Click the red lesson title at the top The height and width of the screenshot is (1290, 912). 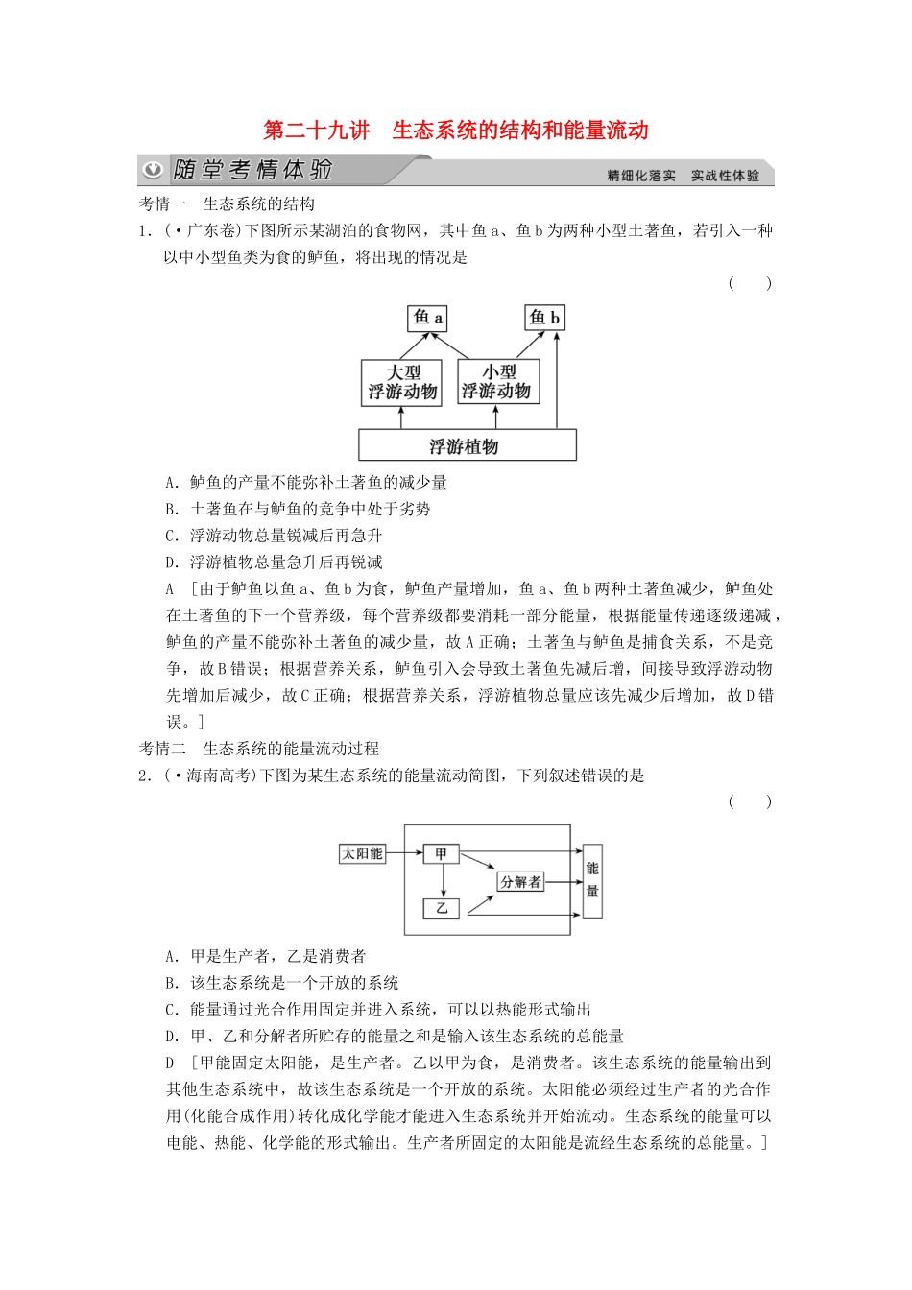[x=456, y=131]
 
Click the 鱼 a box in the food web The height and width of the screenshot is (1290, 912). [x=428, y=318]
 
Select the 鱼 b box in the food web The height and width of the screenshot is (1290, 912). [x=544, y=318]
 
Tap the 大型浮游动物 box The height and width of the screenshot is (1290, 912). [x=402, y=382]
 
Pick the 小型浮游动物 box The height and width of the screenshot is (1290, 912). [x=496, y=382]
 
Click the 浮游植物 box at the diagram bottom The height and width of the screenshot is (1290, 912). [x=467, y=446]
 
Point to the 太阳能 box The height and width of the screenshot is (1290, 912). [x=363, y=853]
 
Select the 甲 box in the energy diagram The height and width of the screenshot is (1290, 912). [x=442, y=853]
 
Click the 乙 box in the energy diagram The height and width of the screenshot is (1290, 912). [x=442, y=907]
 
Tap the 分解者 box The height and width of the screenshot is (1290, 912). [x=520, y=881]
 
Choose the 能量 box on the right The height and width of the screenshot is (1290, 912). [x=592, y=880]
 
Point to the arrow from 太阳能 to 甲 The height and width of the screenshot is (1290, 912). [x=404, y=853]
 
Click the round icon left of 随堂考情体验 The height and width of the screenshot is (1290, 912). [x=153, y=171]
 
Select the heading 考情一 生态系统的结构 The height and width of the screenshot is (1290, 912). [x=227, y=203]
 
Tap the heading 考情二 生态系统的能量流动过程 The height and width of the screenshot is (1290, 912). [x=259, y=749]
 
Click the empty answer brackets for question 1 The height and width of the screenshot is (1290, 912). [x=750, y=283]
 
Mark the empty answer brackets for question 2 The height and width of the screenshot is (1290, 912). [x=750, y=801]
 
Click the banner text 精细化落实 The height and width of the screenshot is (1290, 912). [x=641, y=176]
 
